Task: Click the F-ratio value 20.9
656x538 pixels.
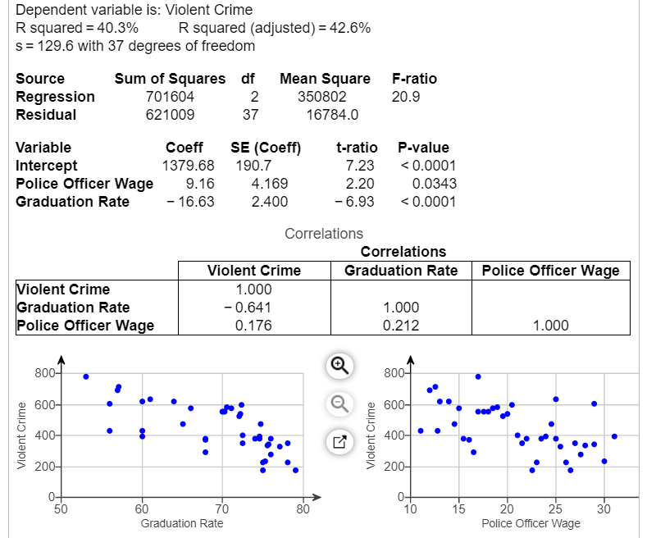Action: (407, 97)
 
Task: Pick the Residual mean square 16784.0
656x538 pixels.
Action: (331, 115)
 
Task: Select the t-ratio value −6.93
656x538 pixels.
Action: (355, 202)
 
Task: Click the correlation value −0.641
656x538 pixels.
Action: (254, 308)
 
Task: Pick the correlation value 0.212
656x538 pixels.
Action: (401, 326)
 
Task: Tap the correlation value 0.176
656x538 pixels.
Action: (254, 326)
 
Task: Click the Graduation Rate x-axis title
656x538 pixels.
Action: (182, 523)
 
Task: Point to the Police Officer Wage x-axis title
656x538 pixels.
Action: (531, 523)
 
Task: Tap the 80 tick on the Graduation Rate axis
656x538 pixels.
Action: (303, 509)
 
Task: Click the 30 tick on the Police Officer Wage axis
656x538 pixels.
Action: (604, 509)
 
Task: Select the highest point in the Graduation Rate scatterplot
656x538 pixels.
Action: (86, 376)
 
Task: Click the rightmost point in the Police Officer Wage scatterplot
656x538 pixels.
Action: (614, 436)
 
